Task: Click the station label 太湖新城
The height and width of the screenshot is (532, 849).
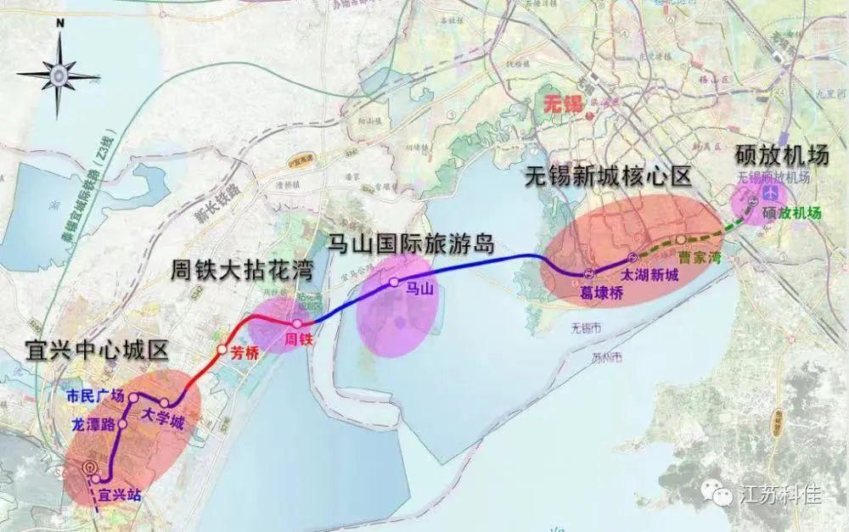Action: [649, 275]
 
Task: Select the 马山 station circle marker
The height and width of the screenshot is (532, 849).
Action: [394, 282]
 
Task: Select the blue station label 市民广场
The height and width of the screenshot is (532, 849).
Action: [96, 395]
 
